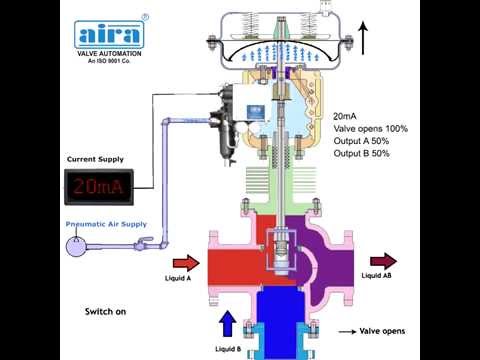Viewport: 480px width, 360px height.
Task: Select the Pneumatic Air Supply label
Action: (x=106, y=225)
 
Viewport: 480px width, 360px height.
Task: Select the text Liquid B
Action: (x=226, y=349)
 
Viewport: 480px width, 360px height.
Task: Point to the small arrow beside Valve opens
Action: (x=347, y=331)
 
